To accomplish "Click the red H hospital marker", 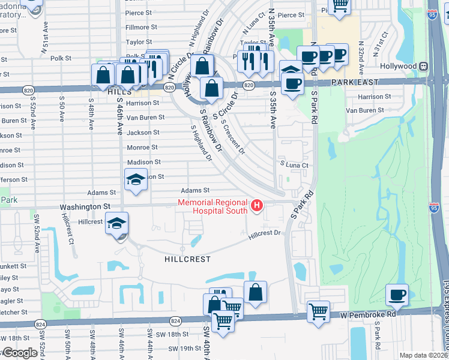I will pos(257,206).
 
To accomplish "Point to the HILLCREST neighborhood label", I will pos(187,259).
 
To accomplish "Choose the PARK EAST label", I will pos(353,82).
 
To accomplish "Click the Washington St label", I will pos(85,206).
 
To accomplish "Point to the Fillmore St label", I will pos(141,28).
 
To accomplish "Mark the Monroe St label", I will pos(142,147).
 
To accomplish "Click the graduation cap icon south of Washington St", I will pos(116,224).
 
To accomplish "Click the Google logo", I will pos(20,353).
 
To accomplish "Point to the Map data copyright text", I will pos(424,355).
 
